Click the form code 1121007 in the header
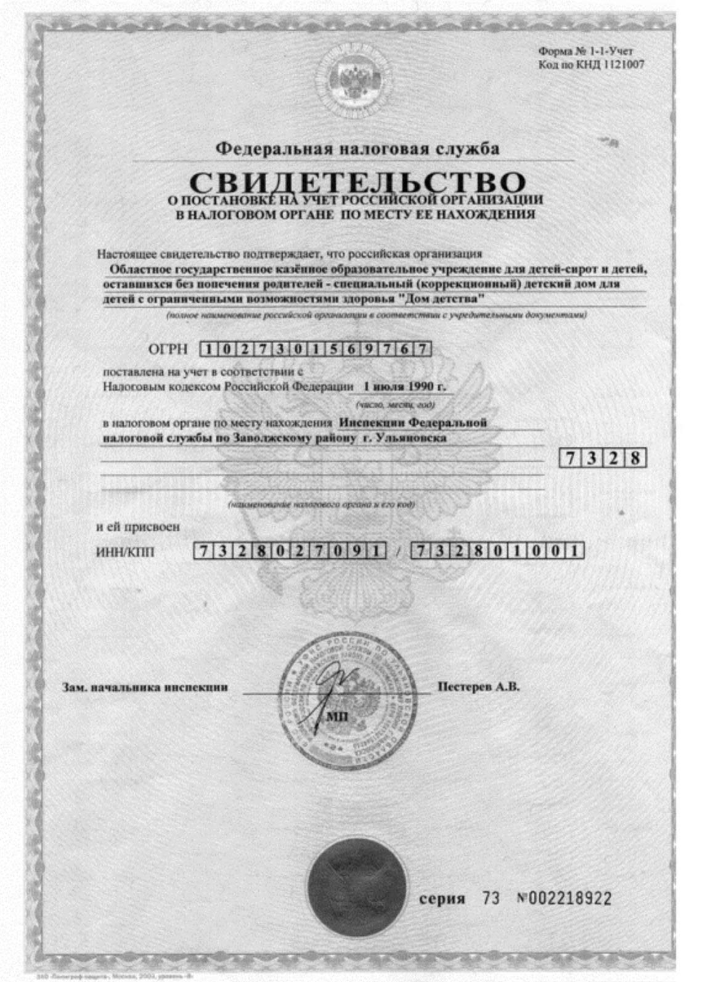point(623,64)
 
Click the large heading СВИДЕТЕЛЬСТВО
point(357,182)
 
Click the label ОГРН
point(168,350)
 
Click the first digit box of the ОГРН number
point(209,350)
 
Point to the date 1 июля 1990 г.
point(404,387)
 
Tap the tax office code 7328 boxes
point(602,458)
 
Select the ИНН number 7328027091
point(290,551)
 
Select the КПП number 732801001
point(497,551)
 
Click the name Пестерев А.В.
point(478,686)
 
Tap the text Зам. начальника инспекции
point(145,687)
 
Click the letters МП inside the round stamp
point(336,716)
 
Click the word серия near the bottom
point(442,898)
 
